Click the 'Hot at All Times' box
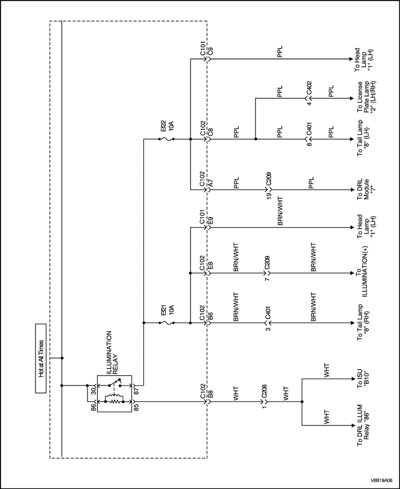41,358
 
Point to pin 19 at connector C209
267,197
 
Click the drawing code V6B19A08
382,480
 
